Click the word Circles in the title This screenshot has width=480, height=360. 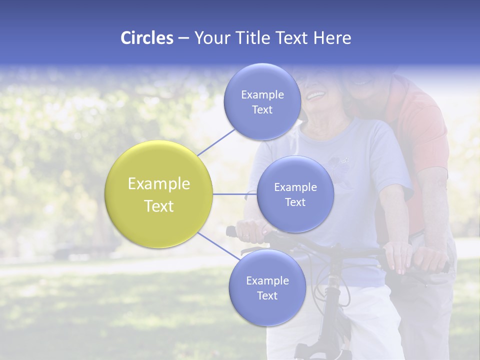(147, 38)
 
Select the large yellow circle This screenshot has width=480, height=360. (159, 194)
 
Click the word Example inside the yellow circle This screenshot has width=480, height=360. (159, 184)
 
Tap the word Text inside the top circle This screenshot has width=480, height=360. (262, 109)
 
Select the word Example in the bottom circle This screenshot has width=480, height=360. (267, 281)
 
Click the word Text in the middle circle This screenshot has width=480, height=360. (295, 202)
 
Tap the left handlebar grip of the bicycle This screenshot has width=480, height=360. (231, 231)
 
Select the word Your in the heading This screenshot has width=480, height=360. (210, 38)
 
